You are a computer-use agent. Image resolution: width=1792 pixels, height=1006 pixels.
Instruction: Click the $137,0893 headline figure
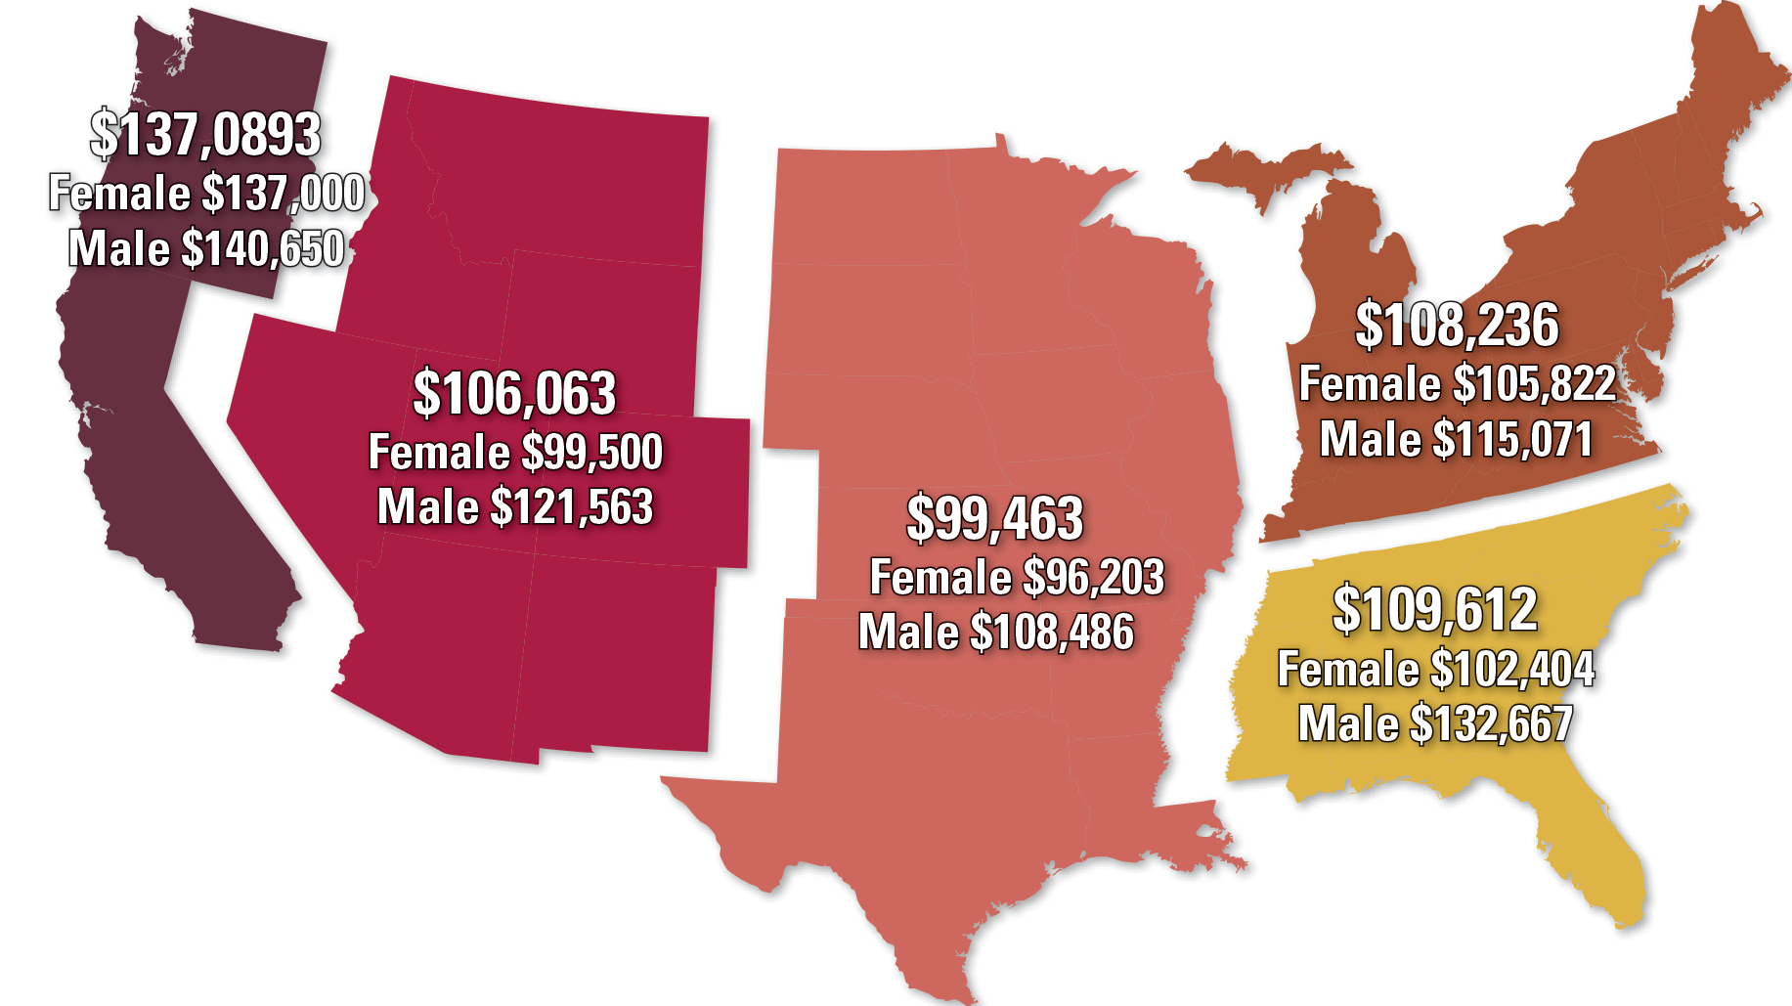point(205,134)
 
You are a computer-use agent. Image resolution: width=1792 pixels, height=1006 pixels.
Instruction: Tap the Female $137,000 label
point(206,193)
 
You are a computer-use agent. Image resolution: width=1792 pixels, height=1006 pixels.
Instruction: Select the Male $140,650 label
point(206,248)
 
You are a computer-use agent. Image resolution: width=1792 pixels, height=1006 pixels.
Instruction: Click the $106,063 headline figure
point(514,393)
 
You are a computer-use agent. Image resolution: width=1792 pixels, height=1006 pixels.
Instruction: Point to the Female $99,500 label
point(515,452)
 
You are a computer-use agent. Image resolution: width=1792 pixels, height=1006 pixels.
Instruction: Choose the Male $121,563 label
point(515,506)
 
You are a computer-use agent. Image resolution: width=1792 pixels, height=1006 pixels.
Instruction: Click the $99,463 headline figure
point(995,518)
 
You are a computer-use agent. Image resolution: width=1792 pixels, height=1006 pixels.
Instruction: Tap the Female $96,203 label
point(1017,577)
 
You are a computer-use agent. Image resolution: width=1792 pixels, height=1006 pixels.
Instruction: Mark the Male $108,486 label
point(996,632)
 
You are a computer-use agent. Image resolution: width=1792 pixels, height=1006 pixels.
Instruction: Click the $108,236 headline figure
point(1457,325)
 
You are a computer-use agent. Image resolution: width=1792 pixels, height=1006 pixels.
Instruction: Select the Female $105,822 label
point(1457,383)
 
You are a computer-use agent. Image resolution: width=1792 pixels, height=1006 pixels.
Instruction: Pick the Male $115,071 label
point(1457,439)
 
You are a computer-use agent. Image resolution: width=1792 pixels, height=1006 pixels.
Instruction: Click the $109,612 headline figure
point(1435,608)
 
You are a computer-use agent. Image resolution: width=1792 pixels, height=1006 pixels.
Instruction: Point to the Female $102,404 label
point(1435,669)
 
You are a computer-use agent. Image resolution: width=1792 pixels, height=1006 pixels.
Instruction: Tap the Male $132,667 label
point(1435,723)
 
